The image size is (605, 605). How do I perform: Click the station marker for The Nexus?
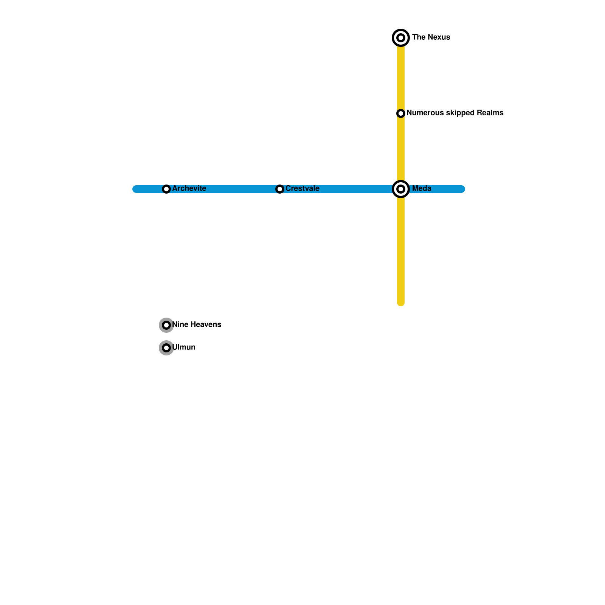pos(401,38)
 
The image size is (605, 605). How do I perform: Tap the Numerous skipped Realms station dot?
pos(401,113)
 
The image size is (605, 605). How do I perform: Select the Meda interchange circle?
pos(401,189)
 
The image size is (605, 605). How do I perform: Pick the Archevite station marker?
pos(166,189)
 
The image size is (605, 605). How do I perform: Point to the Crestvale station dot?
pos(280,189)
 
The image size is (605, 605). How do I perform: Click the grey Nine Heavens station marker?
pos(166,325)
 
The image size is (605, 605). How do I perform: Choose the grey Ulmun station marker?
pos(166,348)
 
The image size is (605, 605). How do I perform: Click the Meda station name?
pos(422,189)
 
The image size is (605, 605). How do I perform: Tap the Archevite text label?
pos(189,189)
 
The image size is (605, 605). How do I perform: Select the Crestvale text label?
pos(302,189)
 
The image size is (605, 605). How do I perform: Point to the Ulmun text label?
pos(184,347)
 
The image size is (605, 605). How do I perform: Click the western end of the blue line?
pos(135,189)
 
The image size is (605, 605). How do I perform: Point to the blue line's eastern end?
pos(462,189)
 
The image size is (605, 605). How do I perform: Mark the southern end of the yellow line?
pos(401,303)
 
